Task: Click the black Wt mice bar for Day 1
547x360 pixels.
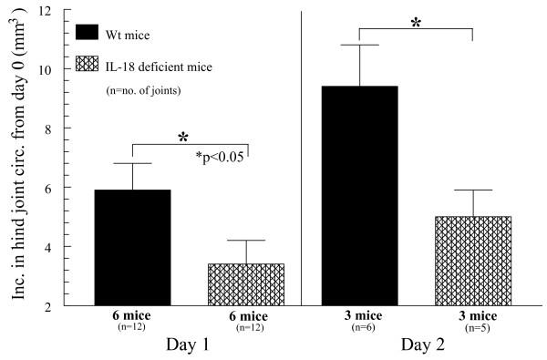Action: pyautogui.click(x=133, y=247)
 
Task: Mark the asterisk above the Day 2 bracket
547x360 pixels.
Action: pyautogui.click(x=416, y=22)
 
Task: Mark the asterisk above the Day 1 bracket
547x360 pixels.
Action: pyautogui.click(x=183, y=138)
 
